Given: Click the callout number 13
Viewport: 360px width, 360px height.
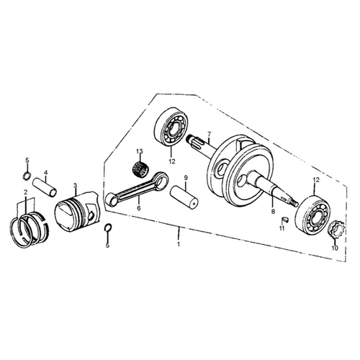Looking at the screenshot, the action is (x=140, y=151).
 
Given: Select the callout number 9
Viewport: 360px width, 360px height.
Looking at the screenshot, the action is (x=186, y=178).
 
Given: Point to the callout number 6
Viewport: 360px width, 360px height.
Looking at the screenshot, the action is (x=139, y=208).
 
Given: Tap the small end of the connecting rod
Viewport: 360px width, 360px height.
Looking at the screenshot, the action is (x=112, y=199).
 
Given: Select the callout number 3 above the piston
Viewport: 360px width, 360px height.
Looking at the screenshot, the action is (x=76, y=185).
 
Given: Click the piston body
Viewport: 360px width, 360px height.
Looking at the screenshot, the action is (x=77, y=212).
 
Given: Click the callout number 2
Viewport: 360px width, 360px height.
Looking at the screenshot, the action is (x=25, y=192).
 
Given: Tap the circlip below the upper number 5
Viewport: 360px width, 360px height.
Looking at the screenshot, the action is (x=27, y=176).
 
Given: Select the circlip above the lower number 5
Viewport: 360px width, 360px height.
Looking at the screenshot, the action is (x=108, y=228).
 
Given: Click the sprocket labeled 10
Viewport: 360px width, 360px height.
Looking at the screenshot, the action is (x=336, y=230).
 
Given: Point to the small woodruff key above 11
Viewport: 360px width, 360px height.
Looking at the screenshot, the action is (x=285, y=219).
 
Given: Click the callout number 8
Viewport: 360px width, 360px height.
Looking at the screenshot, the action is (x=273, y=212).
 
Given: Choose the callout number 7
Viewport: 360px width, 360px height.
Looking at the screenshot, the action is (x=209, y=134).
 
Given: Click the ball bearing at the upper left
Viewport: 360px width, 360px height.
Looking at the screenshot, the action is (x=172, y=127).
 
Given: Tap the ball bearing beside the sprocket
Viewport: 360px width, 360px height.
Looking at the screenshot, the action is (x=312, y=215).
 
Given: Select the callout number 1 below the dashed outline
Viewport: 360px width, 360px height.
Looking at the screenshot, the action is (x=179, y=244).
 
